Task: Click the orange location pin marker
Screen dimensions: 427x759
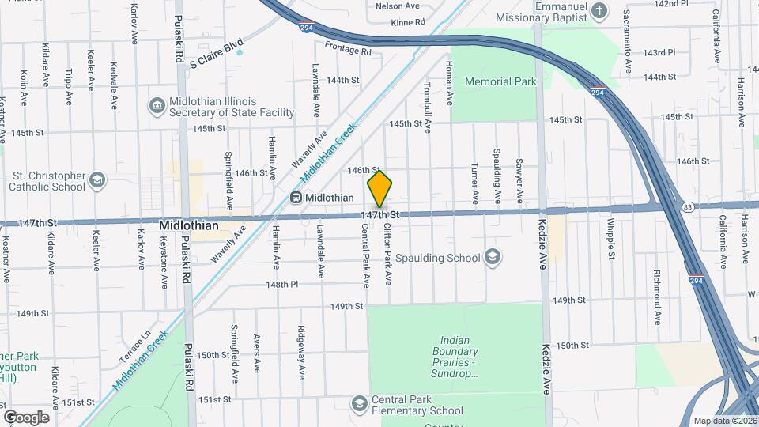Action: pyautogui.click(x=380, y=190)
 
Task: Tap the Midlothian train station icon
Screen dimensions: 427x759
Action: pyautogui.click(x=296, y=197)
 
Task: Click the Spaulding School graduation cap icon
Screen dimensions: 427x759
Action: pyautogui.click(x=492, y=257)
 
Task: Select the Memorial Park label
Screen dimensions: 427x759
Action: pyautogui.click(x=500, y=81)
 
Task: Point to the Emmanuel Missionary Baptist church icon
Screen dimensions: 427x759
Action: pyautogui.click(x=599, y=10)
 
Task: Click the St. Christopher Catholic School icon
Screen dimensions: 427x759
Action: pyautogui.click(x=96, y=181)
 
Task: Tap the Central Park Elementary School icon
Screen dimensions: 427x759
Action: pyautogui.click(x=361, y=405)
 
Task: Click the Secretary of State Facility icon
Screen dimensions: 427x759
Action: pyautogui.click(x=157, y=105)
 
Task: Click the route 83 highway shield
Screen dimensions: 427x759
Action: pyautogui.click(x=689, y=207)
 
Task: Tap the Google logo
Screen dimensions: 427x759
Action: pyautogui.click(x=26, y=418)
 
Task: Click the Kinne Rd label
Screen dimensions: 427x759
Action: pyautogui.click(x=408, y=22)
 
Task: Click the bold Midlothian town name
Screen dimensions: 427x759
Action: pyautogui.click(x=188, y=225)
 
